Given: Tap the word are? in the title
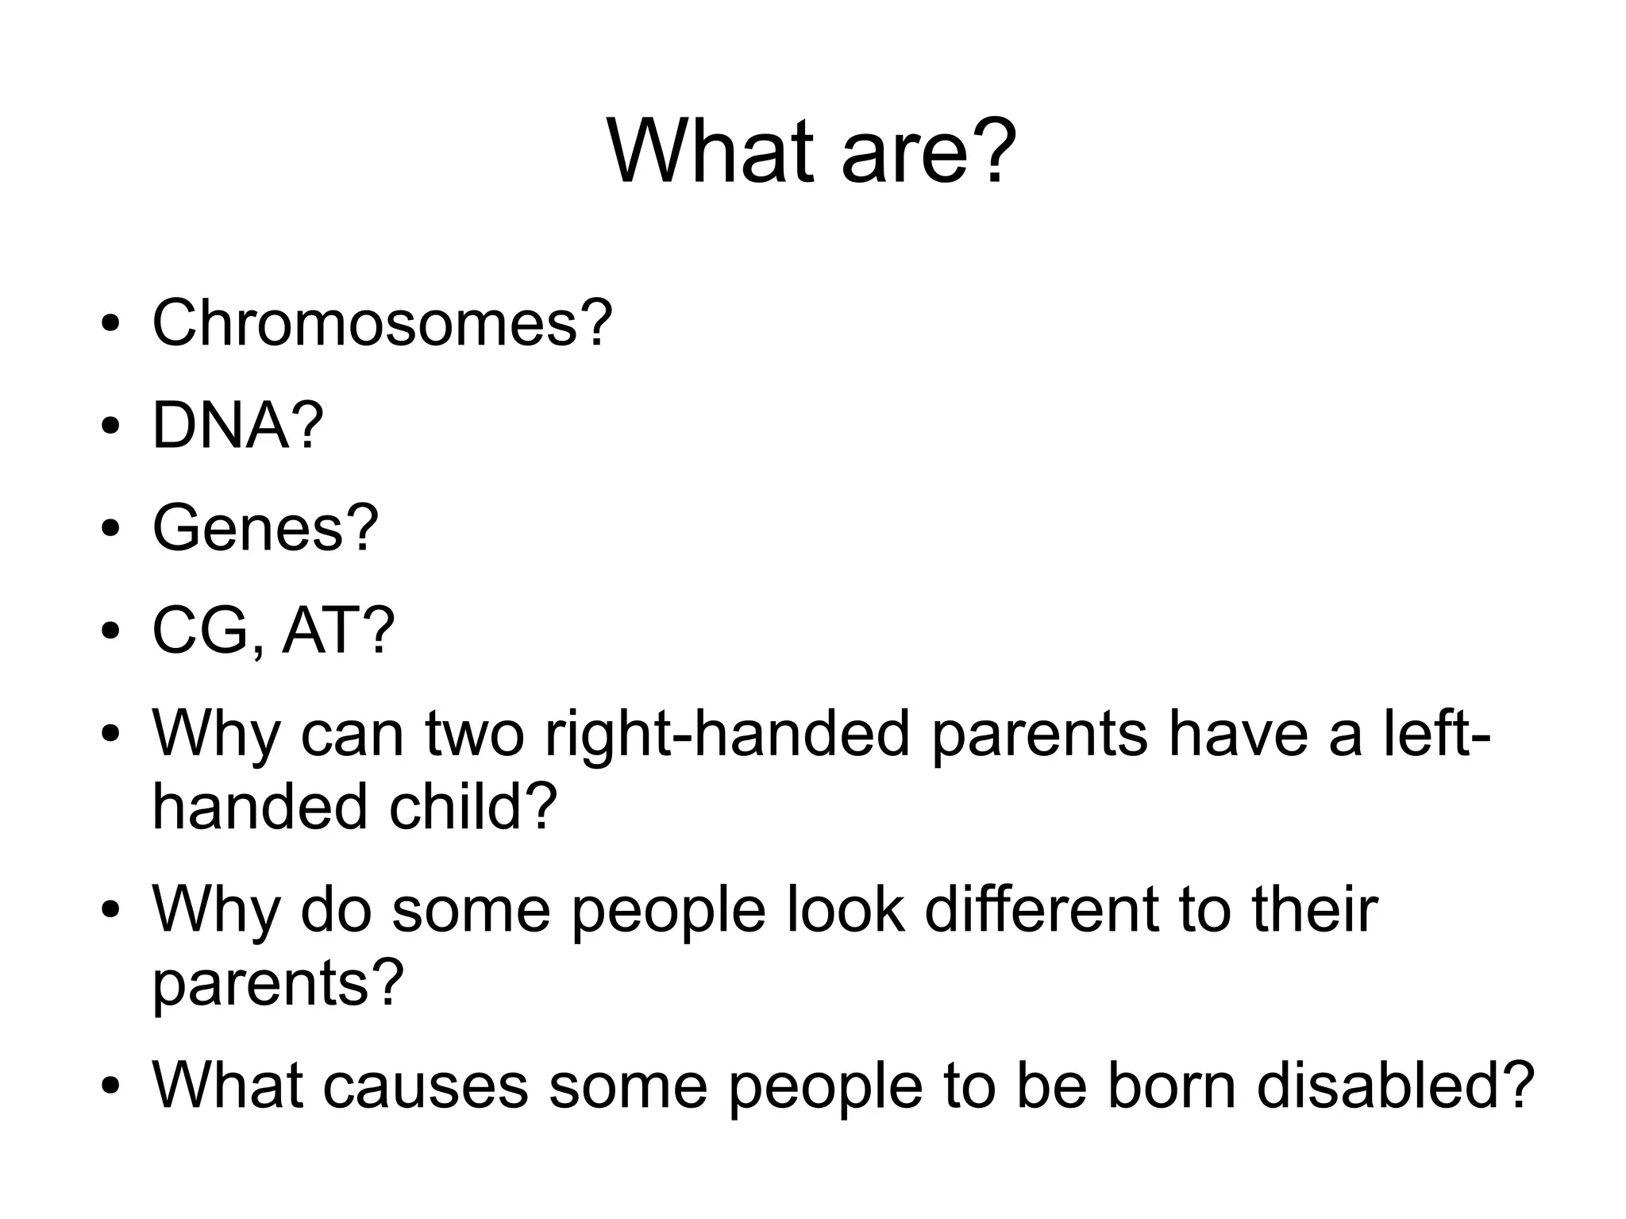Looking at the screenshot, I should [x=928, y=151].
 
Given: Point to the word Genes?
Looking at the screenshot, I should [x=265, y=528].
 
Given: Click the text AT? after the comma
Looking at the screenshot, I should [x=338, y=631].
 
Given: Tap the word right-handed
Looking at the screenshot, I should [x=726, y=735].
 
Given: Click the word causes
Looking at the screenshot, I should [x=425, y=1086].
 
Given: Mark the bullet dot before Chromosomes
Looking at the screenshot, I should [x=110, y=326].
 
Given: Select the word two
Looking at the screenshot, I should [x=474, y=735].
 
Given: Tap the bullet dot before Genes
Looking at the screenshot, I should [x=110, y=530].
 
